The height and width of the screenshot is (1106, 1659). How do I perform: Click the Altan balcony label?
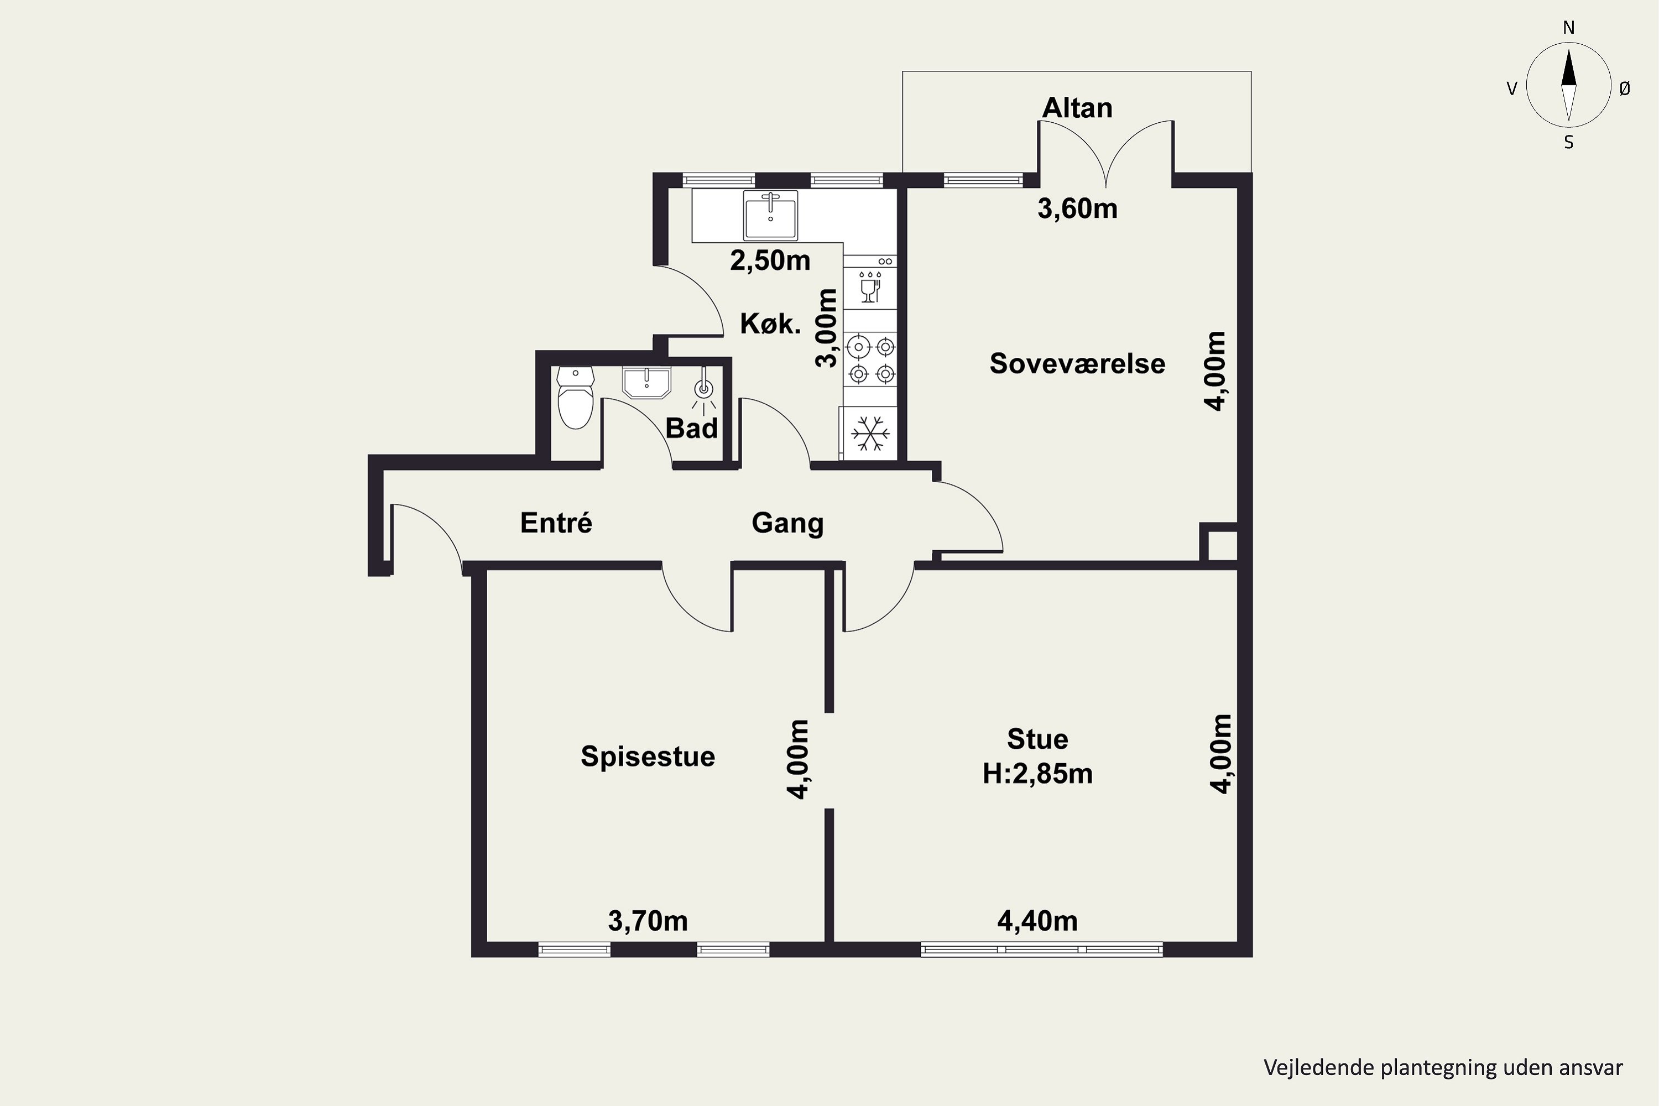(1077, 108)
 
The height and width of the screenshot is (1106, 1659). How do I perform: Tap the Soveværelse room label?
(1077, 363)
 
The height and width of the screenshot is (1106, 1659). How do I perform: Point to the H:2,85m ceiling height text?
(1037, 774)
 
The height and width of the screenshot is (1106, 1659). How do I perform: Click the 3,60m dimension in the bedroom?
(1077, 209)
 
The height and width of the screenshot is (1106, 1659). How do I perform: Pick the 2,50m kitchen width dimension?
(770, 261)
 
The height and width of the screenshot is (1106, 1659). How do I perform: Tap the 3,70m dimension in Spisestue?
(648, 921)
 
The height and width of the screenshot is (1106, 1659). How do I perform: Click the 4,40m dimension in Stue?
(1037, 921)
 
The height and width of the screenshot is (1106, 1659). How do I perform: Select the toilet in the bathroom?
(576, 397)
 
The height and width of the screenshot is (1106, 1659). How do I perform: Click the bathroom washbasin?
(646, 382)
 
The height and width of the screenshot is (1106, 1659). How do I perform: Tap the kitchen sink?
(770, 215)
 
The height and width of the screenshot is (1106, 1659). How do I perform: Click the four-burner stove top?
(870, 360)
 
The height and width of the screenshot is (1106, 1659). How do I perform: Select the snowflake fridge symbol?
(870, 433)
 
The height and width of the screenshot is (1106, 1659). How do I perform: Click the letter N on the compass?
(1569, 28)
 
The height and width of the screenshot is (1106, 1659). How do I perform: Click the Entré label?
(556, 523)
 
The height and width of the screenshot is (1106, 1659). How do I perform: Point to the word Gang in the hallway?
(787, 523)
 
